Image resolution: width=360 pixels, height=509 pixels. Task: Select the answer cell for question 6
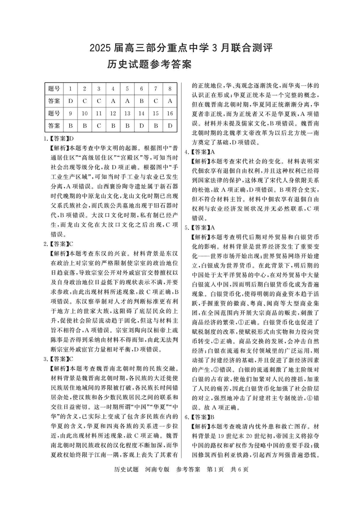click(141, 101)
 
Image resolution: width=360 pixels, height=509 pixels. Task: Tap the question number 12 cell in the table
click(113, 113)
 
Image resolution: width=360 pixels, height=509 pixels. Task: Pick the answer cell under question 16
click(170, 125)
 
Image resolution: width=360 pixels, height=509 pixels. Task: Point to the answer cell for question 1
click(70, 101)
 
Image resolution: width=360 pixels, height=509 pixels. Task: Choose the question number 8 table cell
click(170, 89)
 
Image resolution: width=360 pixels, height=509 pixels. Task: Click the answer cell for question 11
click(99, 125)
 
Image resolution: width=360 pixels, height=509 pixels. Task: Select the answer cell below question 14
click(141, 125)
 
